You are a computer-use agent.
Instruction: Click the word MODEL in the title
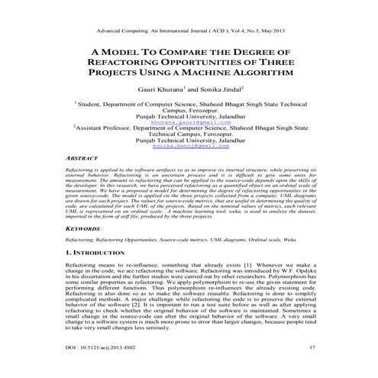pyautogui.click(x=129, y=52)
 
